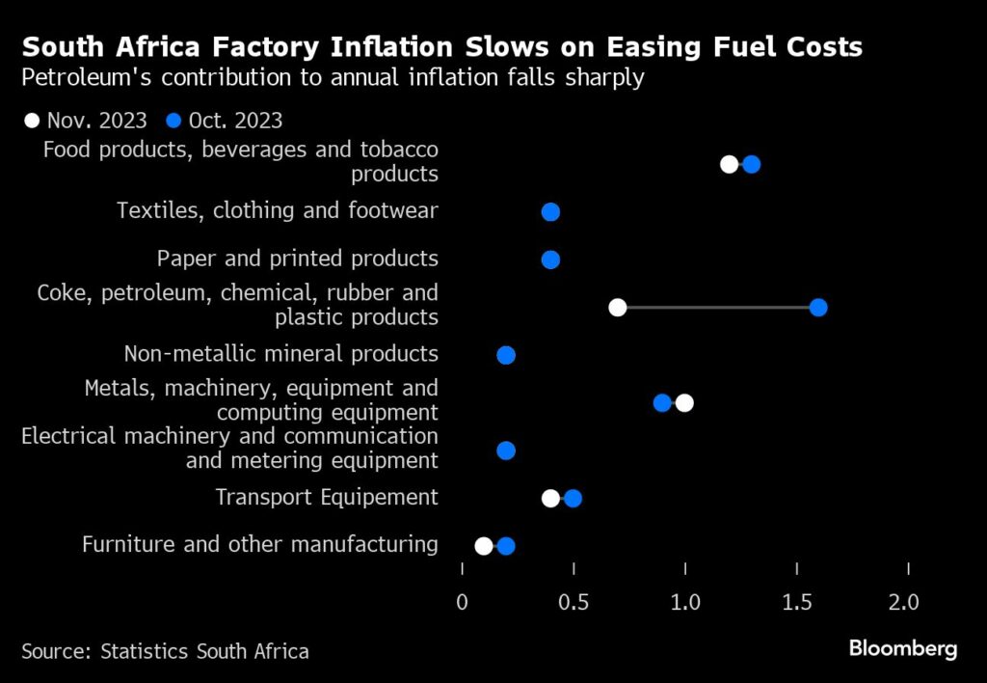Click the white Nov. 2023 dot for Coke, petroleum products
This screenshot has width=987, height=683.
(x=618, y=308)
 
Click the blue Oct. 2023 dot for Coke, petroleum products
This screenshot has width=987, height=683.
(x=818, y=308)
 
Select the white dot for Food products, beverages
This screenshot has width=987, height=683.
(x=730, y=164)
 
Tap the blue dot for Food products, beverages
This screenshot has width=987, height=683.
(x=752, y=164)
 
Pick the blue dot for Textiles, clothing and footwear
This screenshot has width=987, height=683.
(x=550, y=212)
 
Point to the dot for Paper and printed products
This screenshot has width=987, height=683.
(x=550, y=260)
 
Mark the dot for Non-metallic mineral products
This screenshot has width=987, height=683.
(x=506, y=355)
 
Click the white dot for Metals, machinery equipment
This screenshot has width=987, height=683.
(x=684, y=402)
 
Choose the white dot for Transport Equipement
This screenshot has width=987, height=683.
(x=550, y=498)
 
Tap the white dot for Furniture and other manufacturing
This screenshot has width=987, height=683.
(x=484, y=546)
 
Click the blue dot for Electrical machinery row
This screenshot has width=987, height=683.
(x=506, y=451)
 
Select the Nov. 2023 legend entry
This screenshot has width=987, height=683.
(x=86, y=121)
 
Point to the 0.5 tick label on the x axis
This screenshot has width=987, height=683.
(x=574, y=603)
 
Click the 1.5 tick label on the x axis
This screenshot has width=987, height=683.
(x=796, y=603)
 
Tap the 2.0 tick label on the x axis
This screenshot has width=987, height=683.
(x=907, y=603)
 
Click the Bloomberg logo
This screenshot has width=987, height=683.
(x=902, y=648)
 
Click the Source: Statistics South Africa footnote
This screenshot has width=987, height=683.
(x=165, y=651)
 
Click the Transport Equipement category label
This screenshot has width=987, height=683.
(x=326, y=498)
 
